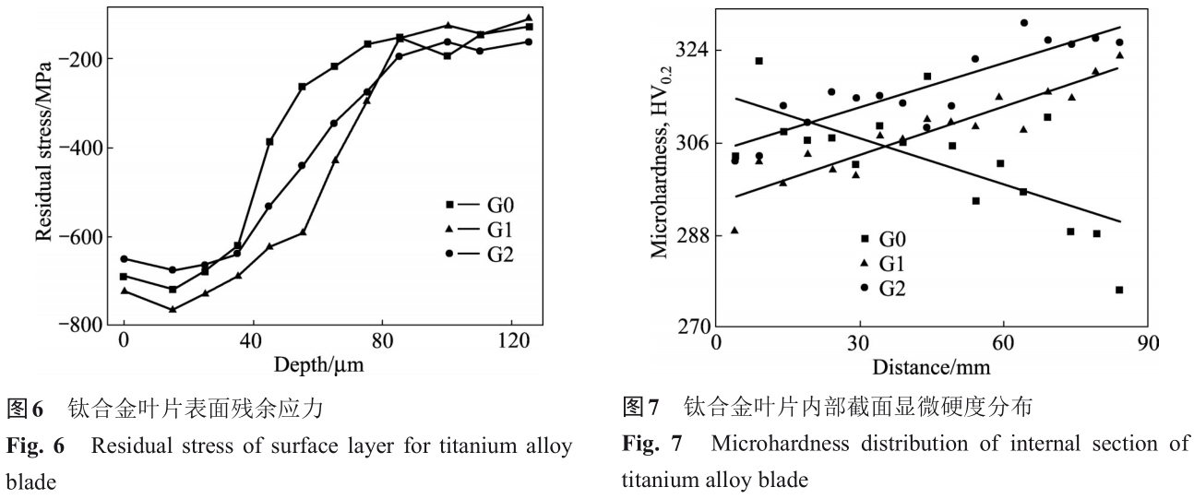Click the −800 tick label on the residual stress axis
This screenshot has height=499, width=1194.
point(79,326)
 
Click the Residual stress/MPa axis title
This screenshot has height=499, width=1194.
point(42,166)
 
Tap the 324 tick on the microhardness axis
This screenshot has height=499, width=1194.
point(689,49)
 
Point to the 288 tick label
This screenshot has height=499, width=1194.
point(689,235)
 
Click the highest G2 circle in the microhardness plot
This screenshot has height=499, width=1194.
point(1024,22)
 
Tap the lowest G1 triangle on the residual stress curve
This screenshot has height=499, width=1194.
point(172,309)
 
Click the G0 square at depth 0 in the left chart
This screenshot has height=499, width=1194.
point(124,277)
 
